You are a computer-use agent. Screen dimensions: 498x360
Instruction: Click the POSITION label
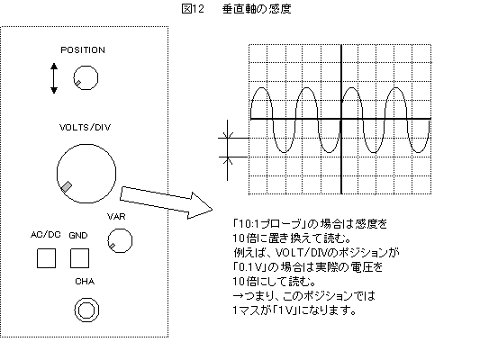point(83,50)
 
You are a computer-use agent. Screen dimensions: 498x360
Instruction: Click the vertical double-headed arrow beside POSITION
point(54,78)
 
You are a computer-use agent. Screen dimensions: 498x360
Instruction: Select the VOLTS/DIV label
point(86,127)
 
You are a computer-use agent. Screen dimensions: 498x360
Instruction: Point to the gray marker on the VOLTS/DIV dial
point(67,186)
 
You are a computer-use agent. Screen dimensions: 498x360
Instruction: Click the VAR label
point(116,217)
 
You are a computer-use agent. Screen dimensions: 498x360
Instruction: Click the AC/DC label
point(45,235)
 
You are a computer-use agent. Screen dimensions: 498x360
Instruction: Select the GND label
point(78,235)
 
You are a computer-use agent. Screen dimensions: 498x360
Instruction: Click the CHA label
point(85,282)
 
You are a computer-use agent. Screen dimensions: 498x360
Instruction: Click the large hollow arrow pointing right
point(166,202)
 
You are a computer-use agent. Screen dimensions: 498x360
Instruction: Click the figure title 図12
point(193,9)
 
